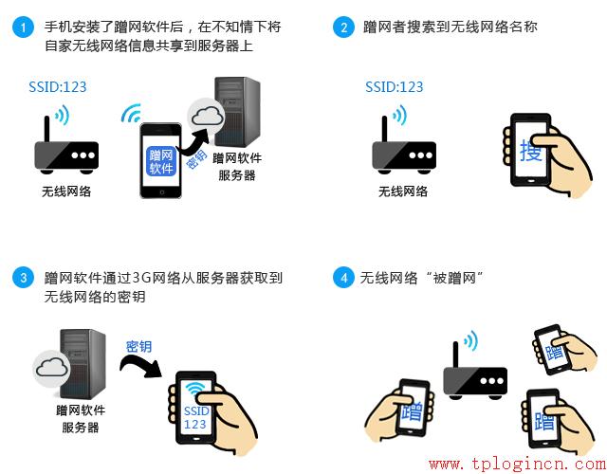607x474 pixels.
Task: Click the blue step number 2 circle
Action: tap(342, 27)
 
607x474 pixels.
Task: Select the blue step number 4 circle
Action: tap(342, 278)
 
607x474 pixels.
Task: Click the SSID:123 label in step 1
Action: tap(57, 87)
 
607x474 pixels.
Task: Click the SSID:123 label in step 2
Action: tap(395, 87)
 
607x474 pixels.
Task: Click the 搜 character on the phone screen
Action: tap(531, 151)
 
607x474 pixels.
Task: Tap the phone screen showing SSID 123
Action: tap(195, 412)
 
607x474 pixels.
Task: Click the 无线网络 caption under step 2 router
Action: tap(403, 191)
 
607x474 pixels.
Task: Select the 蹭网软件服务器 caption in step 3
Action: tap(81, 419)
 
